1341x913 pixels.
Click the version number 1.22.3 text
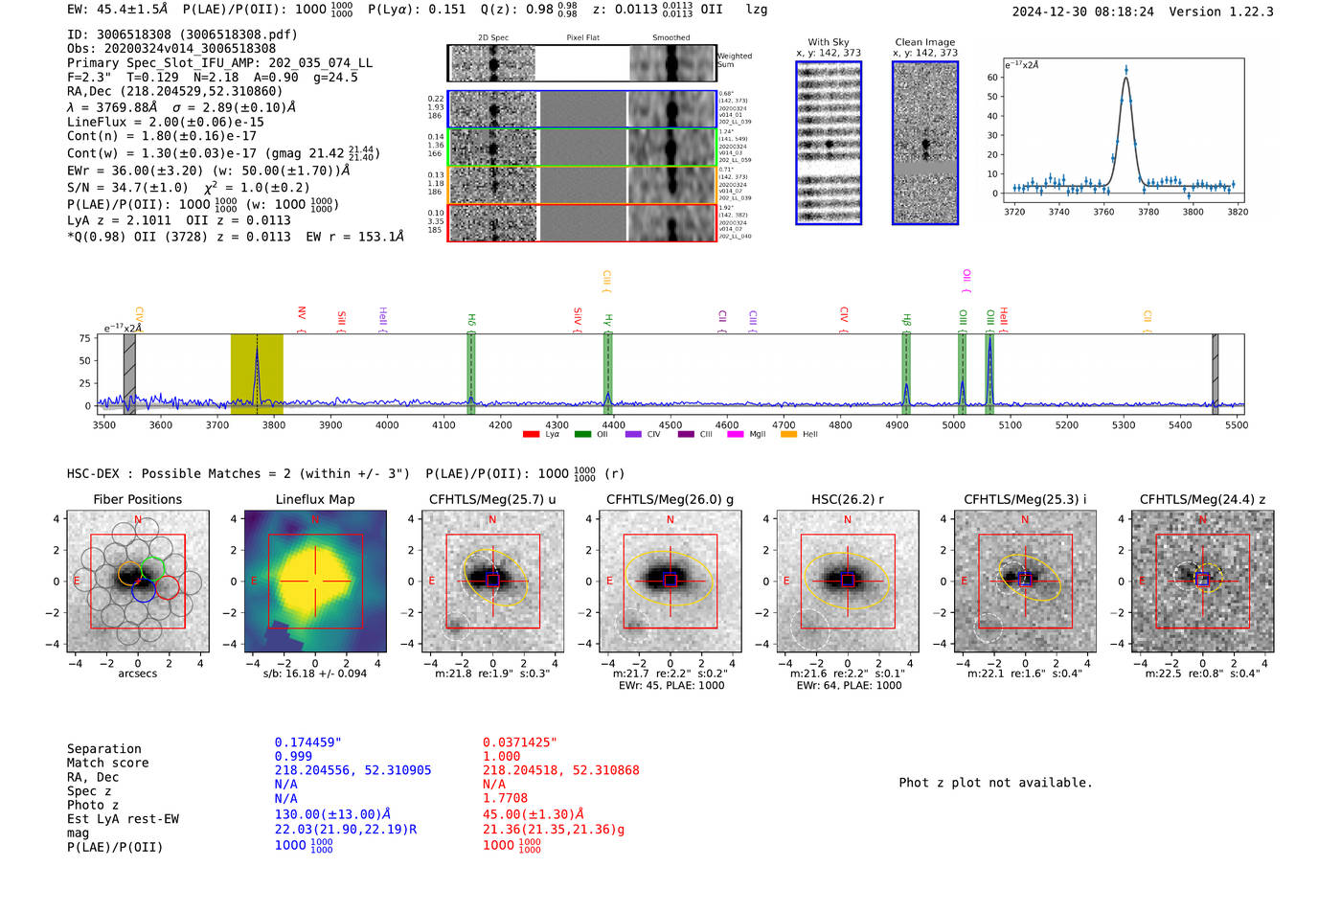click(x=1241, y=11)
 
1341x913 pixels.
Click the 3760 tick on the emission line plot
click(x=1103, y=212)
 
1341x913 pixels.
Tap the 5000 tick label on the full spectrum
click(x=953, y=425)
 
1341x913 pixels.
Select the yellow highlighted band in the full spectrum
click(x=257, y=374)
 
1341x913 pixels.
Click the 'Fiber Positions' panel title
click(x=137, y=499)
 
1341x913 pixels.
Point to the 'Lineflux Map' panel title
click(x=314, y=499)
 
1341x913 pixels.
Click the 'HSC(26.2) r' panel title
click(x=847, y=499)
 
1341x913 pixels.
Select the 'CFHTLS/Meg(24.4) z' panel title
click(x=1202, y=499)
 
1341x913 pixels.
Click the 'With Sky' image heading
click(x=828, y=42)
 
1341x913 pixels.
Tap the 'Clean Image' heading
click(x=924, y=42)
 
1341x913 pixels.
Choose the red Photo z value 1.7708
click(x=505, y=798)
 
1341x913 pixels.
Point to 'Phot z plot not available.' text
click(x=995, y=783)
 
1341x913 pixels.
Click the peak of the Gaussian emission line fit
click(x=1125, y=76)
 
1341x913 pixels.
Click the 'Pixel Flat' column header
click(x=582, y=37)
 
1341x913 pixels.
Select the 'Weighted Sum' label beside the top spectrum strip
click(x=734, y=59)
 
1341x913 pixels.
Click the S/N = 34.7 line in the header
click(x=188, y=188)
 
